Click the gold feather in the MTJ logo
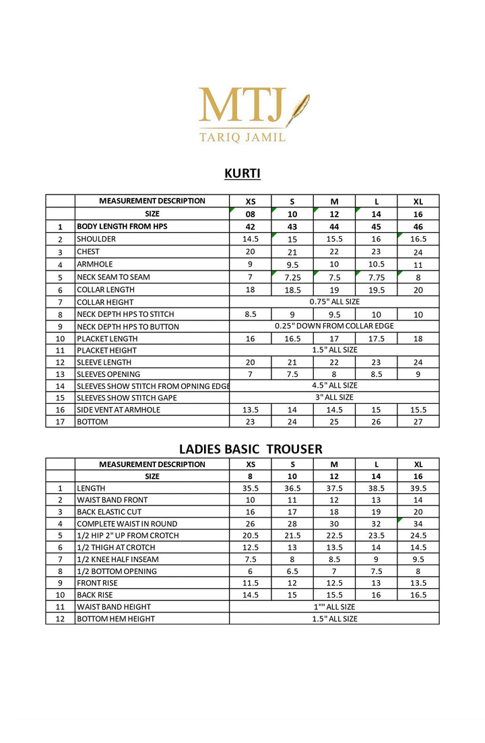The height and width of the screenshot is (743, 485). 298,110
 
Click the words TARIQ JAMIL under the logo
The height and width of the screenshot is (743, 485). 242,137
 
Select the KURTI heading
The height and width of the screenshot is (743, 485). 243,174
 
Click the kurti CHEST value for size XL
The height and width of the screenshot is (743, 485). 418,252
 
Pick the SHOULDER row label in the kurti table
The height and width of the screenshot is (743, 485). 96,239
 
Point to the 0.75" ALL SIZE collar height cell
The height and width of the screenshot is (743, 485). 334,302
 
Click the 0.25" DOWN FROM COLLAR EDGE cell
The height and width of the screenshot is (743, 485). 334,326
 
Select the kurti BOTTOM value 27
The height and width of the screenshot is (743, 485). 418,422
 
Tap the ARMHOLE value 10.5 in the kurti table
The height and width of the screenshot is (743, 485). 376,264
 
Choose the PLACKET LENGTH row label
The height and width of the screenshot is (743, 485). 107,339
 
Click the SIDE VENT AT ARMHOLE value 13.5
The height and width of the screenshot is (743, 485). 251,410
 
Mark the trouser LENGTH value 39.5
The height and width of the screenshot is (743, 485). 418,488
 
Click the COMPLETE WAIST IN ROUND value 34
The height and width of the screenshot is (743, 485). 418,524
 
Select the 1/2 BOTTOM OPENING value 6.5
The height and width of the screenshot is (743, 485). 292,571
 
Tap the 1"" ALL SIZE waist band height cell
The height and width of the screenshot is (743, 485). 334,607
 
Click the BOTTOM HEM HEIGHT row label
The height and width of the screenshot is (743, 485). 116,618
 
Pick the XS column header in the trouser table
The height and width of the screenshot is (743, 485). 251,464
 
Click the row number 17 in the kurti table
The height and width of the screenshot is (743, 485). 60,422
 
